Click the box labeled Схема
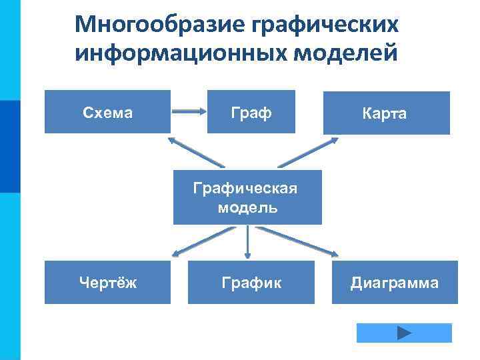pyautogui.click(x=107, y=112)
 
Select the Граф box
pyautogui.click(x=251, y=112)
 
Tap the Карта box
pyautogui.click(x=385, y=113)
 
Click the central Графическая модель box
pyautogui.click(x=247, y=197)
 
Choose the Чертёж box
pyautogui.click(x=107, y=283)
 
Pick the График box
pyautogui.click(x=251, y=283)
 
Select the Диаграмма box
pyautogui.click(x=394, y=283)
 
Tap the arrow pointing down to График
pyautogui.click(x=247, y=241)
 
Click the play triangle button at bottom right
pyautogui.click(x=404, y=333)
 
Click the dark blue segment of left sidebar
pyautogui.click(x=10, y=146)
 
